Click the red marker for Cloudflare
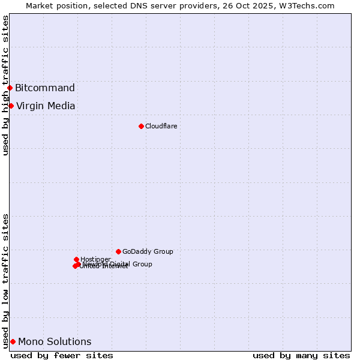tap(141, 126)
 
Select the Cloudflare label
tap(161, 126)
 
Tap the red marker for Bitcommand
tap(10, 88)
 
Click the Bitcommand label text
tap(45, 88)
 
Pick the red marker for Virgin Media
tap(11, 106)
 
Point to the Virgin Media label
tap(46, 106)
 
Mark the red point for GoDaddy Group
tap(118, 251)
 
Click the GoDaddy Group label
tap(148, 251)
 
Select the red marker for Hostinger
tap(76, 259)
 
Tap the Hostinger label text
tap(95, 259)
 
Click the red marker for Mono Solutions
tap(13, 342)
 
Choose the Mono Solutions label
tap(55, 342)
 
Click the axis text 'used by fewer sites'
tap(62, 355)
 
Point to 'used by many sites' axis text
tap(301, 355)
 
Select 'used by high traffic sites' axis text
tap(5, 85)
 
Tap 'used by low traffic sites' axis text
tap(5, 281)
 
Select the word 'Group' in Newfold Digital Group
tap(142, 264)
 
